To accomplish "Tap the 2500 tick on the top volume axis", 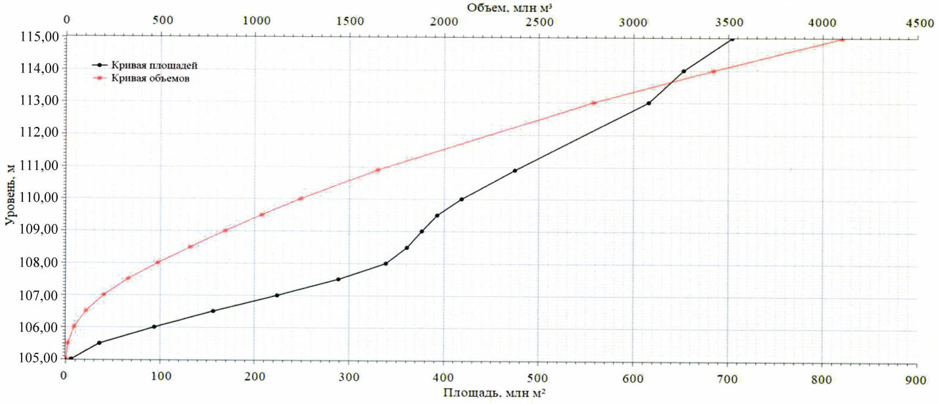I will point(539,22).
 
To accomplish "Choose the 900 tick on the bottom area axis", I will point(915,380).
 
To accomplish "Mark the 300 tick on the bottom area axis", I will point(348,380).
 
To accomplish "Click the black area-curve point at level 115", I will point(732,39).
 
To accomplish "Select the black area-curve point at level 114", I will point(684,71).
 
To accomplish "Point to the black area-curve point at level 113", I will point(648,103).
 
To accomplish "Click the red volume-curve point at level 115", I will point(842,39).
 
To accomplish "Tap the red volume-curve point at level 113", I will point(594,102).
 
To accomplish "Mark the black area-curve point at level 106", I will point(154,326).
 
